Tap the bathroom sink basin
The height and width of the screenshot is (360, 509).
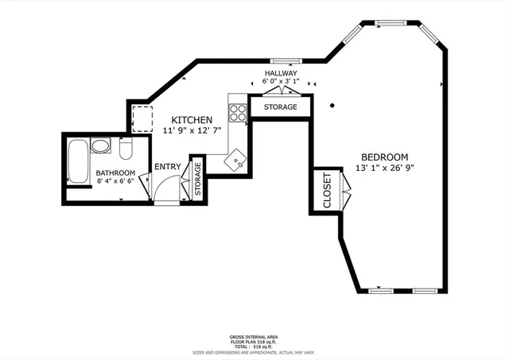point(100,146)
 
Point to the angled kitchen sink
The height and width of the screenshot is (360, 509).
point(236,163)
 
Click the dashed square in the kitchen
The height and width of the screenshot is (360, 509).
point(143,119)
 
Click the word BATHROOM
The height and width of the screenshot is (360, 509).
point(115,172)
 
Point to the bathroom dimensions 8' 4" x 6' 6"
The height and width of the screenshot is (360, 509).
point(115,181)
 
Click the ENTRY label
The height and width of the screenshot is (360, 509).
point(167,166)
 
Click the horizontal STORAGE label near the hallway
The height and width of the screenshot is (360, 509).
point(280,106)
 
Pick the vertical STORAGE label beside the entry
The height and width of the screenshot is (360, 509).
point(198,179)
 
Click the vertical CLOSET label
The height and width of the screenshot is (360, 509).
point(326,191)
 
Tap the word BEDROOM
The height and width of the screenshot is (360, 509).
point(384,157)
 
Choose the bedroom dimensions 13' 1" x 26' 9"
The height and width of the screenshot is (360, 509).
point(384,168)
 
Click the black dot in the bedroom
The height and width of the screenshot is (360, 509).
point(334,103)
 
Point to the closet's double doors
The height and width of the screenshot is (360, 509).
point(344,191)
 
